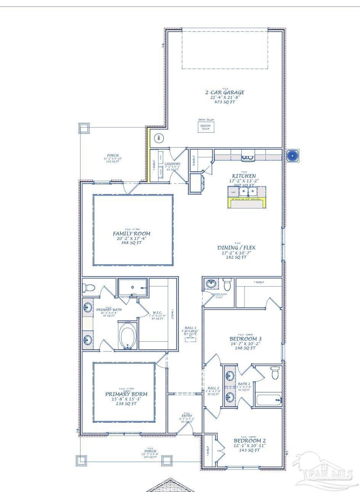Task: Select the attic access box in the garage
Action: click(206, 127)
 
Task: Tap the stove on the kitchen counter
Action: click(248, 156)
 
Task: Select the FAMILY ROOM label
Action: click(131, 233)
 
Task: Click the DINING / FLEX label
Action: click(236, 248)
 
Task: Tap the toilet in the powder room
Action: click(227, 285)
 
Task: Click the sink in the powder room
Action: click(211, 283)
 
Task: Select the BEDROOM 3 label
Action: click(245, 339)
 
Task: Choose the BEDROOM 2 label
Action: click(249, 441)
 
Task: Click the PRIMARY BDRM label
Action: click(126, 394)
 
